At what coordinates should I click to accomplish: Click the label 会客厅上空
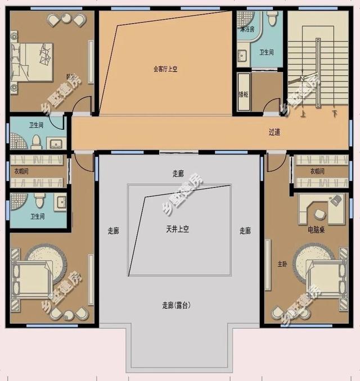point(165,70)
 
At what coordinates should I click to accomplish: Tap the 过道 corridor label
point(274,133)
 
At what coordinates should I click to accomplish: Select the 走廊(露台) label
point(177,306)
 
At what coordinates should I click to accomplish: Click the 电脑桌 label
point(316,230)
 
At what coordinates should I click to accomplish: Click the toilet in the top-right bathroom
point(273,19)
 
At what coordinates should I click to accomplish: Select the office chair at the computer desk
point(336,199)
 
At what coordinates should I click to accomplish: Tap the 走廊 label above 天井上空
point(178,174)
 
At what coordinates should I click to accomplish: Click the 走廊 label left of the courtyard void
point(113,230)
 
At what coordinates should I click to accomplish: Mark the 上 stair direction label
point(303,115)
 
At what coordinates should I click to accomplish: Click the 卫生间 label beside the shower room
point(266,52)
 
